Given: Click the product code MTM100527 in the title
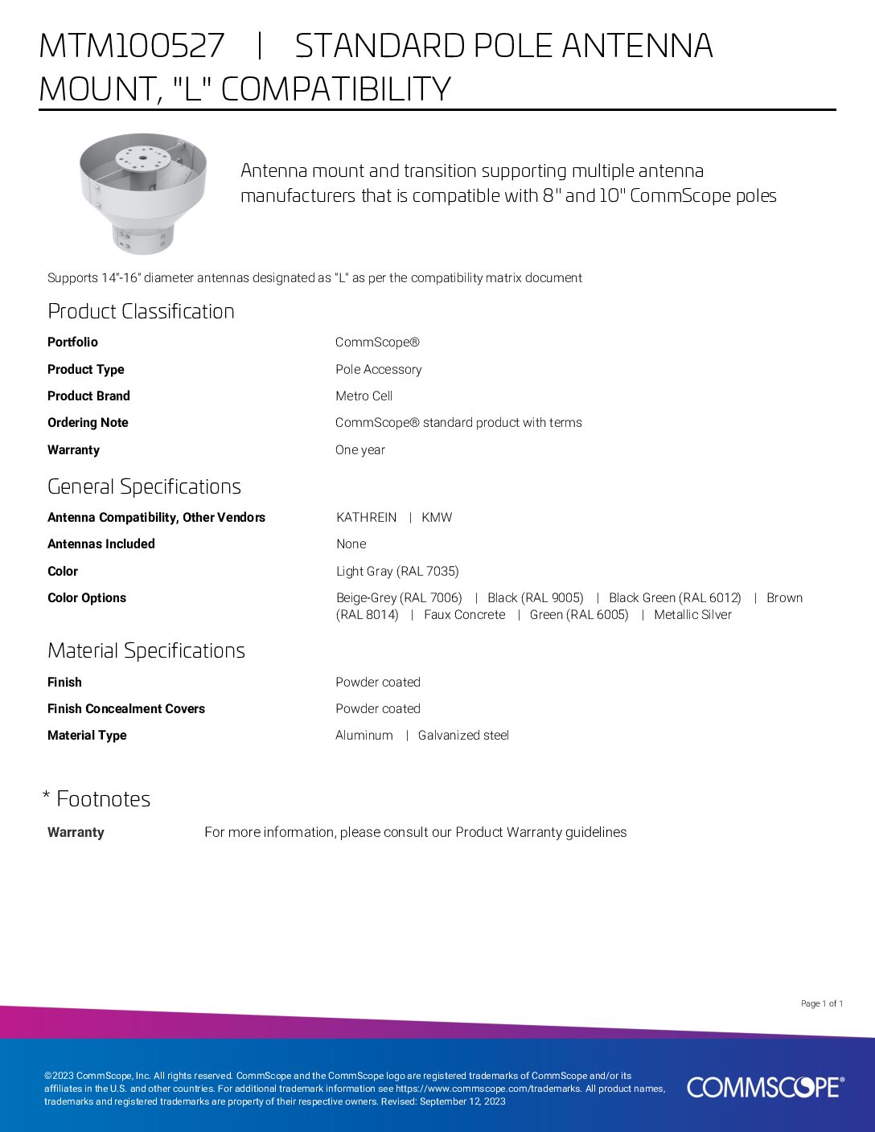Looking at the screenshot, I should coord(132,46).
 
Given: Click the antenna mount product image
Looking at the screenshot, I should coord(143,194).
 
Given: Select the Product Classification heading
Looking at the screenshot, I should coord(141,311).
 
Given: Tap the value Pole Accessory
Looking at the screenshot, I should coord(378,369).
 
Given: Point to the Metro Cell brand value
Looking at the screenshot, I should coord(364,396).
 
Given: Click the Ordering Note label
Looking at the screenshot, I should coord(88,422).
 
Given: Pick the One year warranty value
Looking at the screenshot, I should coord(359,449).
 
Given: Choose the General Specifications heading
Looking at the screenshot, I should coord(144,486).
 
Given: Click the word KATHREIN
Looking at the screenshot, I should coord(366,517).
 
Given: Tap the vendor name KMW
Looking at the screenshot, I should coord(437,517).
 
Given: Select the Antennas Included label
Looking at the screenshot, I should coord(101,543).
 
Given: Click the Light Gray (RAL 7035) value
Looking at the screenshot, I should coord(397,571).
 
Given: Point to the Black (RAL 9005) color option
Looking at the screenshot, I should coord(535,597).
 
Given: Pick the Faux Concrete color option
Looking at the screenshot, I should coord(464,614).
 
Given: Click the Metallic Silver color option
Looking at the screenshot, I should coord(692,614).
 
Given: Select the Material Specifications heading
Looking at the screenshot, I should coord(146,650).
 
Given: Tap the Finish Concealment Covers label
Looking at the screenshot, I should coord(126,708).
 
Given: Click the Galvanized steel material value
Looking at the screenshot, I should coord(463,735).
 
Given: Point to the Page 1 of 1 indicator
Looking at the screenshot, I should coord(821,1003).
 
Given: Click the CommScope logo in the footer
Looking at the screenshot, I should coord(765,1087).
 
